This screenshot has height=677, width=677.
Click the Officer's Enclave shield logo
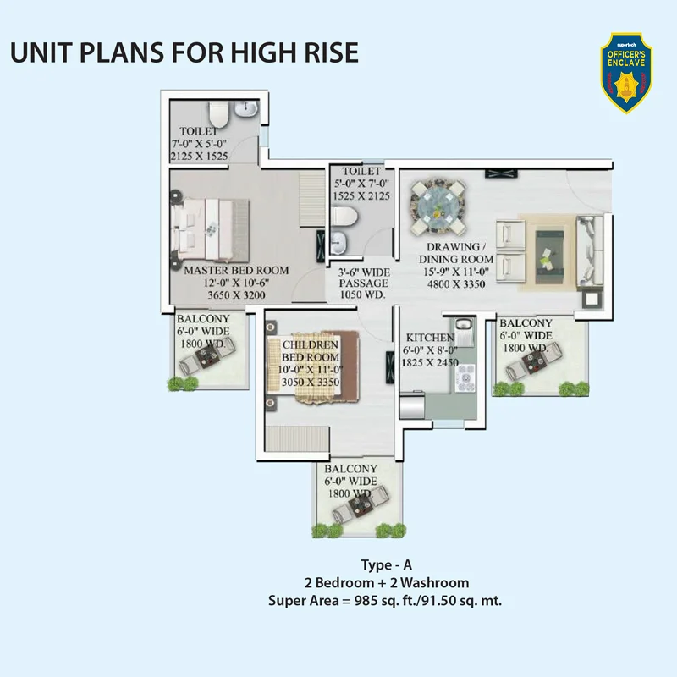tap(626, 74)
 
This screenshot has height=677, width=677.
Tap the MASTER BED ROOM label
tap(236, 271)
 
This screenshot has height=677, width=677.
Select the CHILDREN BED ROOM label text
tap(311, 351)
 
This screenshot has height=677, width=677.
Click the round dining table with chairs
tap(438, 206)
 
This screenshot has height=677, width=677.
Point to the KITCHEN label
tap(430, 337)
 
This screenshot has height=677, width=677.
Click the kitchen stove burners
tap(465, 378)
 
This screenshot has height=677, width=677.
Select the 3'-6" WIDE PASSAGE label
tap(364, 278)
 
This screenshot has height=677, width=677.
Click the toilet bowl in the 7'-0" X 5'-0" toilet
tap(218, 114)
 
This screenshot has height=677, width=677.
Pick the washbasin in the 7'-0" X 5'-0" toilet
tap(246, 109)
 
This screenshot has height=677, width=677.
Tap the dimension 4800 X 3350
tap(456, 284)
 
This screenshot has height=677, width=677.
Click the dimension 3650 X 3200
tap(236, 295)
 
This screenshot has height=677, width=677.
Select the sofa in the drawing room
tap(591, 250)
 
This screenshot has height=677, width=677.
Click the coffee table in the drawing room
tap(549, 257)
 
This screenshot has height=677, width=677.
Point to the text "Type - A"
tap(387, 565)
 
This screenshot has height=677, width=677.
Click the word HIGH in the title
tap(257, 52)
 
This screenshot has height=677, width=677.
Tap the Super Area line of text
tap(385, 601)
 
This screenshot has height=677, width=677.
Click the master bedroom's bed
tap(210, 230)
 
